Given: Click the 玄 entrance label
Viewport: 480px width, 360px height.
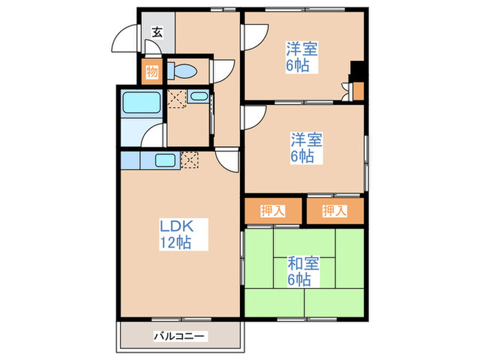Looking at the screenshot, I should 157,32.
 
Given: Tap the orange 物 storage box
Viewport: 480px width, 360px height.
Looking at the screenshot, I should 152,71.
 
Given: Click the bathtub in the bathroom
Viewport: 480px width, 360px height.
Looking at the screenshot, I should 141,103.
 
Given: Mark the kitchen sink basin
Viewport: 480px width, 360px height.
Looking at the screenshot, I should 165,161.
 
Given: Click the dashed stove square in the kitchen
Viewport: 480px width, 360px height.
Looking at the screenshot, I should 190,160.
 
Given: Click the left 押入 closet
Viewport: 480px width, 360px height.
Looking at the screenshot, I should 273,211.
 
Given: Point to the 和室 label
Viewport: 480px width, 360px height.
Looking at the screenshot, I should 299,264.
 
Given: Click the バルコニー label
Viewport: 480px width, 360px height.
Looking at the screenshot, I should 179,337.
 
